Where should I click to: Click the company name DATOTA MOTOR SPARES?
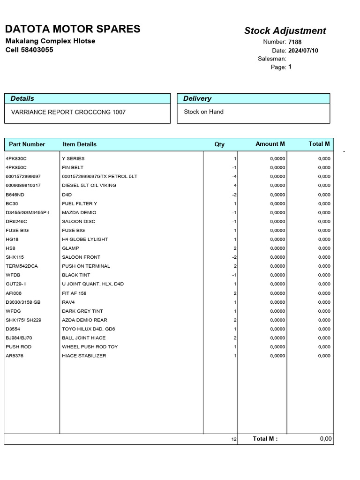73,29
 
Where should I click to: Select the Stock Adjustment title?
285,31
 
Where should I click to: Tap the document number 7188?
295,42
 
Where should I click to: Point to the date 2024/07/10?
303,51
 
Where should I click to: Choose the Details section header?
22,98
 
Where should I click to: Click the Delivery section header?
197,98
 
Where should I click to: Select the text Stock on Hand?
203,112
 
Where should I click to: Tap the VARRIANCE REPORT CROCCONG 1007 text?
68,112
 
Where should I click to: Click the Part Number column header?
27,144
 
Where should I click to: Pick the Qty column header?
219,144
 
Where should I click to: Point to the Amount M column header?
270,144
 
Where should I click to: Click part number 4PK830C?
16,158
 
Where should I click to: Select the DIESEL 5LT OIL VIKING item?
89,185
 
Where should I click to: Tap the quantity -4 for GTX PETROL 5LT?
234,176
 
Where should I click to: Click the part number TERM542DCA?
22,266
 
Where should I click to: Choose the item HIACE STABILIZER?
84,356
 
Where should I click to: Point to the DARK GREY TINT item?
82,311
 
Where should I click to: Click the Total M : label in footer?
265,439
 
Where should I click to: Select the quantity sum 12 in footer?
234,440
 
